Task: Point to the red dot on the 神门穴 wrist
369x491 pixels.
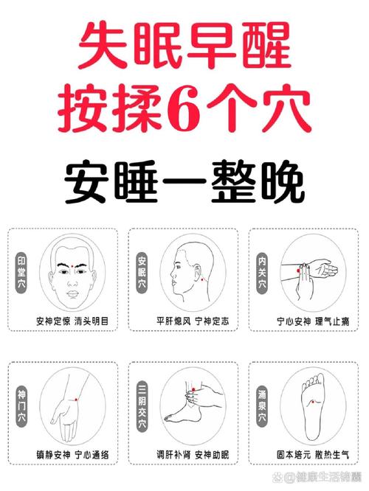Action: point(76,399)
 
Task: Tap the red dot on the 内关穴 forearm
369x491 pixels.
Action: point(300,272)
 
